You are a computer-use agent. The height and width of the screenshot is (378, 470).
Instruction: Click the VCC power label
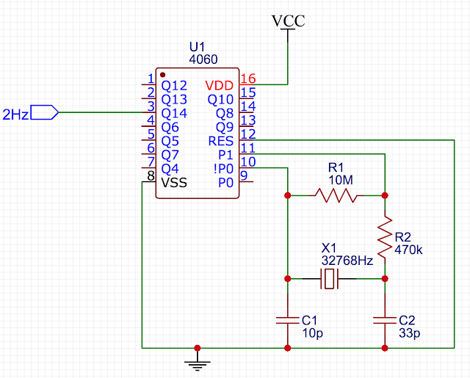[289, 21]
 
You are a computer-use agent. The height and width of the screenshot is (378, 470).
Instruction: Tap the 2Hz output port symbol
[44, 112]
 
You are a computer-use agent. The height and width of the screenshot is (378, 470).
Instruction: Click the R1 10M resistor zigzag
[336, 195]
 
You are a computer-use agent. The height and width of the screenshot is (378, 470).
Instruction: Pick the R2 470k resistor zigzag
[385, 236]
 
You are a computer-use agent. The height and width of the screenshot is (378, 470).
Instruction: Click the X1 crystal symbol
[329, 279]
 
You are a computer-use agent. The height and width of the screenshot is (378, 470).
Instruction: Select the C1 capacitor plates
[287, 320]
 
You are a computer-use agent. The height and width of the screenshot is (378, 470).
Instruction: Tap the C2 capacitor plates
[385, 320]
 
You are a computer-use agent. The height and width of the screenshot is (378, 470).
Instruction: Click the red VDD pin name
[219, 86]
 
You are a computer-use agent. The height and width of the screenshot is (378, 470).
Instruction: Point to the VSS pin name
[174, 183]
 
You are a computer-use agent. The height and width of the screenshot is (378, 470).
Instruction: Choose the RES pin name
[220, 141]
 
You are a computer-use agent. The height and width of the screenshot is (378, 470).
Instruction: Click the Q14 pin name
[174, 114]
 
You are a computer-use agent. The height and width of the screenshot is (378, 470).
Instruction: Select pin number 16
[248, 79]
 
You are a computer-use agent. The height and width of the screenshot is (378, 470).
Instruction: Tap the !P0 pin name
[223, 169]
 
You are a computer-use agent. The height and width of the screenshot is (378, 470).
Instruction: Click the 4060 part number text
[203, 59]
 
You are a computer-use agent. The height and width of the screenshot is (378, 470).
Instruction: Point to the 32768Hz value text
[347, 261]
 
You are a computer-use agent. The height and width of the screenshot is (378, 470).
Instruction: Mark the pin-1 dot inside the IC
[163, 75]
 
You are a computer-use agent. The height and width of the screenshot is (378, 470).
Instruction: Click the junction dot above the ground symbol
[198, 348]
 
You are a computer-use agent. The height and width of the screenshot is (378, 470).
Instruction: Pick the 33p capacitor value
[409, 333]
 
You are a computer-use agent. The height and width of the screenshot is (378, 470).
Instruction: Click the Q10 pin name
[220, 100]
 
